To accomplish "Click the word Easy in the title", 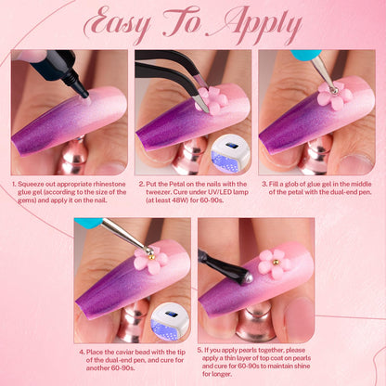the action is [x=118, y=25].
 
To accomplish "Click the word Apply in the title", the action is [x=253, y=26].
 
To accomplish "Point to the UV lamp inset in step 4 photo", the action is [x=170, y=322].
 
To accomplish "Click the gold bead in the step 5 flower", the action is [x=275, y=263].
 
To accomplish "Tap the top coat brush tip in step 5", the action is [x=249, y=277].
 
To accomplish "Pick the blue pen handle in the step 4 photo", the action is [x=88, y=221].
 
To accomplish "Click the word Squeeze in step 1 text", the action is [x=30, y=185].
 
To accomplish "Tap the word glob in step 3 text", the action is [x=298, y=185].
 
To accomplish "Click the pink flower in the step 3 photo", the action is [x=335, y=96].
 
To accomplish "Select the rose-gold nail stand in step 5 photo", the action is [x=256, y=322].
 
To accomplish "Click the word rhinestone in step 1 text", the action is [x=109, y=185].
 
